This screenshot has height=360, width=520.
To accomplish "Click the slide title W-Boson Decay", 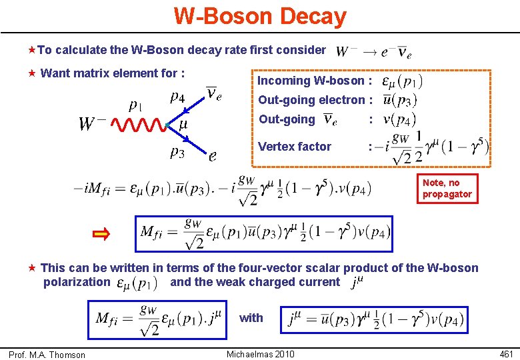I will click(260, 16).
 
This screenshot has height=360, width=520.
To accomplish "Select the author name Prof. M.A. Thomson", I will click(47, 355).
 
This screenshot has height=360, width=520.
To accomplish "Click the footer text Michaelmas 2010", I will click(260, 354).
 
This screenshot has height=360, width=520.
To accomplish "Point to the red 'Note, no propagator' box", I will click(447, 188).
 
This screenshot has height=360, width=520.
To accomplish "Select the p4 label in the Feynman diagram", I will click(178, 97).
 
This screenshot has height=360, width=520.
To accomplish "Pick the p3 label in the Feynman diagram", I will click(177, 153).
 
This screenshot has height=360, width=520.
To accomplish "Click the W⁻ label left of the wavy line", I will click(93, 123).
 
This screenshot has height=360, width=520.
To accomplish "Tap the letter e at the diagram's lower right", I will click(212, 156).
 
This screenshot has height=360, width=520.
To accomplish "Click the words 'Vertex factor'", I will click(294, 147).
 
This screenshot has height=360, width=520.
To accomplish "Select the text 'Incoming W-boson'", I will click(311, 81).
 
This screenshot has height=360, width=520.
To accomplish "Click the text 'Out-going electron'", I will click(311, 100).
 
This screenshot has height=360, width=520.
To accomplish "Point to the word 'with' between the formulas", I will click(251, 318).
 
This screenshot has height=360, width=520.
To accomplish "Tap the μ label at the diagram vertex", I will click(183, 125).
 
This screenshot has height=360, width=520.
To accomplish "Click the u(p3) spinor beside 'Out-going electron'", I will click(400, 100).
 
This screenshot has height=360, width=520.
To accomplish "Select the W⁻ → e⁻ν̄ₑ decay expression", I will click(374, 51).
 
